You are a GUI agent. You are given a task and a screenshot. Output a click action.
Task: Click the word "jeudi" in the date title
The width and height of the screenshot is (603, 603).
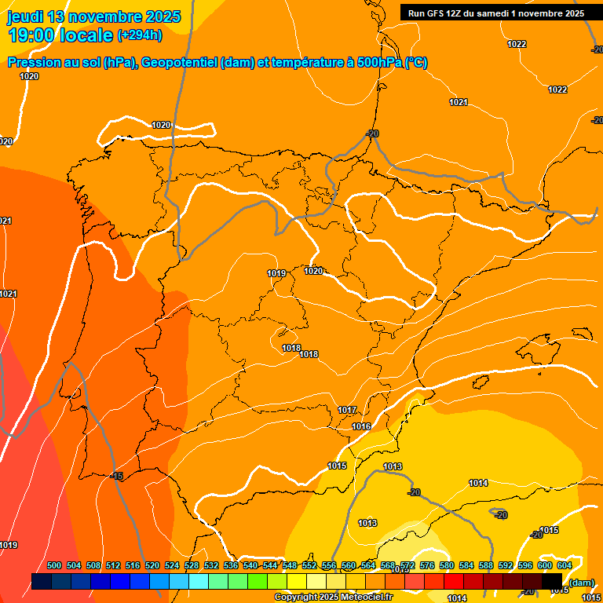click(x=26, y=16)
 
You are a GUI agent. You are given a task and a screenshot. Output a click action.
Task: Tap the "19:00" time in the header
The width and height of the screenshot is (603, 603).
click(x=31, y=35)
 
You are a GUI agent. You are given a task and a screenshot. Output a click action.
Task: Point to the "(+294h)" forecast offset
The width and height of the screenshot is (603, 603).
click(x=139, y=35)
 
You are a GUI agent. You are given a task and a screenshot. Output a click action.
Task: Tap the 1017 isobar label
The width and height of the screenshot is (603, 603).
click(x=347, y=411)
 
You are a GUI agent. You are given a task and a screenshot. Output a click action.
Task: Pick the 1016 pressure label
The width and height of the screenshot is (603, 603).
click(x=361, y=426)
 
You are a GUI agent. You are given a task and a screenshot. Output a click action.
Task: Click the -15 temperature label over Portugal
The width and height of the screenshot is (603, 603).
click(x=117, y=477)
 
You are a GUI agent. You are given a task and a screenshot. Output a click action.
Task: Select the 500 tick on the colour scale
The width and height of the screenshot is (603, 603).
click(x=54, y=565)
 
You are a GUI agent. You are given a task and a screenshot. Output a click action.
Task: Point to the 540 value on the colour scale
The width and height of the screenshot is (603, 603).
click(x=250, y=565)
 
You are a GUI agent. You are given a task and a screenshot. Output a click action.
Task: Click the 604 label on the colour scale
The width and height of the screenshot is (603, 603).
click(x=564, y=565)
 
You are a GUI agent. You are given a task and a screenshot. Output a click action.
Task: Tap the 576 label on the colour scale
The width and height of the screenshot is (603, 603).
click(x=427, y=565)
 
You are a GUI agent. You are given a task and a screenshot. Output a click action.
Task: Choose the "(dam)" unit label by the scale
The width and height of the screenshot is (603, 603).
click(x=581, y=582)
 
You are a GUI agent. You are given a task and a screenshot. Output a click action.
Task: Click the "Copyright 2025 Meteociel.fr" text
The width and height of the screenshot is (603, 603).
click(x=334, y=598)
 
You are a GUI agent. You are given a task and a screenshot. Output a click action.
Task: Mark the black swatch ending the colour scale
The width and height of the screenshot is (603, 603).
click(x=552, y=582)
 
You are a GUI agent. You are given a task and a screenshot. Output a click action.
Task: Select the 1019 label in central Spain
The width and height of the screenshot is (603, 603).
click(x=276, y=273)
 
